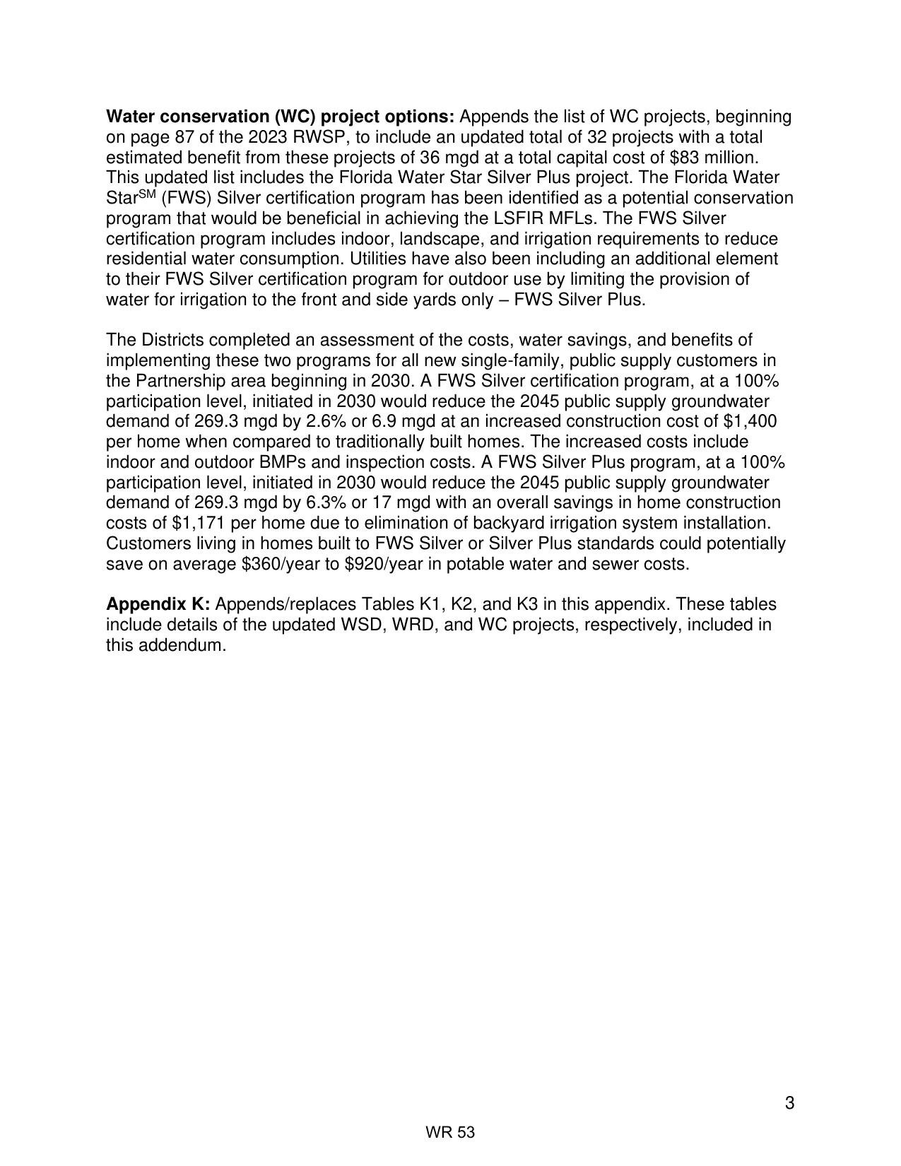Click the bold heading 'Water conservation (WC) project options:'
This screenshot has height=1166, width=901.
281,117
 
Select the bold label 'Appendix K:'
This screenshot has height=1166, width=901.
158,605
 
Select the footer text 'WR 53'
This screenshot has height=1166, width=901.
450,1133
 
